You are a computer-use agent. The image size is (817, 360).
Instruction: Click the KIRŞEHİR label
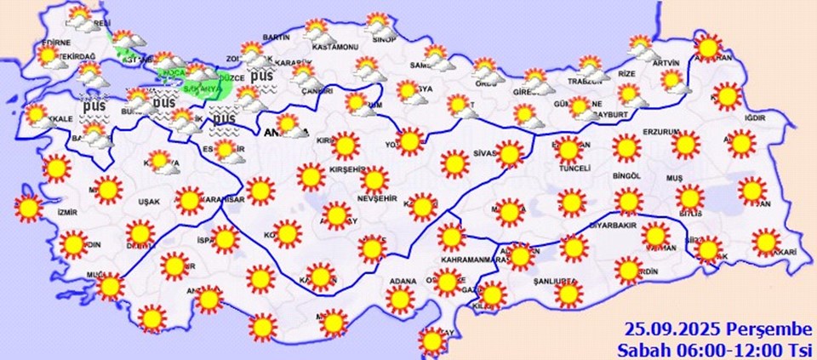tap(346, 170)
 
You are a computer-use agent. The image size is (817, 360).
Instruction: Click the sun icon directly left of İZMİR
tap(28, 206)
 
